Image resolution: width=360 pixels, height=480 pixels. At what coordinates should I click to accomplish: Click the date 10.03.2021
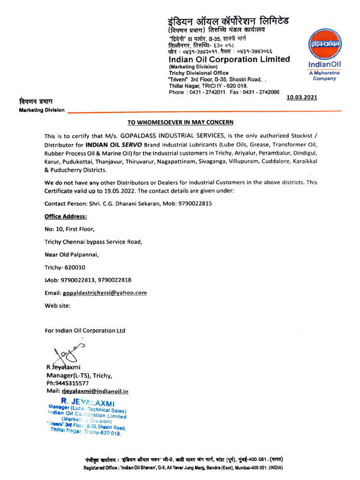(301, 97)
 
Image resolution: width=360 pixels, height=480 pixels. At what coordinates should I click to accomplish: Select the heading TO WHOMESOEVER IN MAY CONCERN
(180, 123)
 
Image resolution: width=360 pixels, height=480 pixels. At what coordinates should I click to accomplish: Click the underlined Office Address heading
(66, 217)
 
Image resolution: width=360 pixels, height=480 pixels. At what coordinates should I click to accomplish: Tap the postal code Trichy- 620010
(65, 267)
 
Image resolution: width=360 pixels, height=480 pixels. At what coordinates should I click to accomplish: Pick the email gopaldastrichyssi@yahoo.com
(105, 292)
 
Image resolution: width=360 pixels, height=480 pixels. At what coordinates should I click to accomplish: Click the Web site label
(57, 305)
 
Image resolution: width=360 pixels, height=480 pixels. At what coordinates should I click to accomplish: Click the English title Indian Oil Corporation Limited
(229, 60)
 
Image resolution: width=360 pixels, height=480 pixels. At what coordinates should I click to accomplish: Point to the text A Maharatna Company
(324, 76)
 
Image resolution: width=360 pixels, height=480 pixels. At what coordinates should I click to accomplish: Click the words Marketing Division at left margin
(41, 110)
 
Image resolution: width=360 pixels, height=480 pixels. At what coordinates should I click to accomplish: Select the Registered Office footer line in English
(183, 468)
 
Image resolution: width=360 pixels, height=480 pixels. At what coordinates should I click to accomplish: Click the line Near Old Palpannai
(72, 255)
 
